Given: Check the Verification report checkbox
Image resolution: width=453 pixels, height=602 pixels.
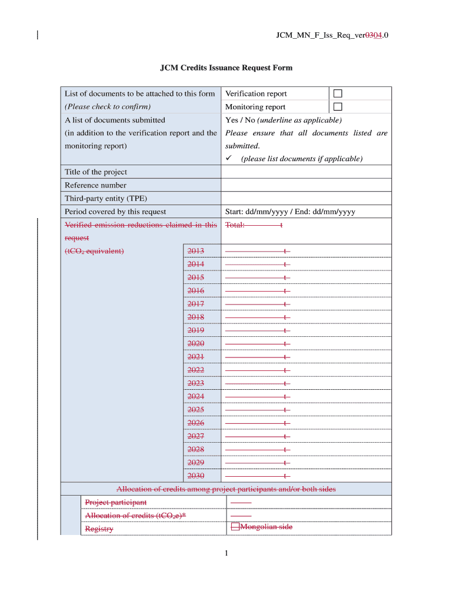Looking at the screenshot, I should (338, 93).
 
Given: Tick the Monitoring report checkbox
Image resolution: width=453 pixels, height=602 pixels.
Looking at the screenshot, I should (338, 106).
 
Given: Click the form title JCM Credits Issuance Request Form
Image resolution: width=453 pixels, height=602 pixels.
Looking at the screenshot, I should (226, 68).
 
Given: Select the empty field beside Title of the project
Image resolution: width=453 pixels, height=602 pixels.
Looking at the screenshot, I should (306, 172).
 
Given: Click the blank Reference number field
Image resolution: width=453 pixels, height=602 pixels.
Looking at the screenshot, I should (306, 185).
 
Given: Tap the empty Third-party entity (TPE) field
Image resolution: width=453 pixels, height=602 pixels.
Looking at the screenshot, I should (306, 198).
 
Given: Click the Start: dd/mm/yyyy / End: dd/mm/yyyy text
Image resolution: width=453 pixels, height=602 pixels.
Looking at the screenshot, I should (290, 212).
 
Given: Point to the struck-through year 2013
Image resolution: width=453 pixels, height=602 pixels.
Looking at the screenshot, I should (196, 251).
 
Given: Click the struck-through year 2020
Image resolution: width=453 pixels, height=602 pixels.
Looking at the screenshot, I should (196, 343).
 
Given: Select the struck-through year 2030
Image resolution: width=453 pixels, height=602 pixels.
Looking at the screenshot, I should (196, 476).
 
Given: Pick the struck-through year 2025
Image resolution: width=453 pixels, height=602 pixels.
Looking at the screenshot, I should (196, 410).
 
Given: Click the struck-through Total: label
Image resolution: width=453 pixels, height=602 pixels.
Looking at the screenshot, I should (235, 225).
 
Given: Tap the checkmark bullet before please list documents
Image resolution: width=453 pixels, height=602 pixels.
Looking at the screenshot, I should (229, 159).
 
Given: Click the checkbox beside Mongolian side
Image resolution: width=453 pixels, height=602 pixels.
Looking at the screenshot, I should (235, 527).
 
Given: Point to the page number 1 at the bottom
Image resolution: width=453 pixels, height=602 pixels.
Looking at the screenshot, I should (226, 553).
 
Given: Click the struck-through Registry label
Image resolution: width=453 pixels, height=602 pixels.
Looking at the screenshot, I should (99, 529).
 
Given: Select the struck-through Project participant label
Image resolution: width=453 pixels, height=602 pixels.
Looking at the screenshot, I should (116, 502).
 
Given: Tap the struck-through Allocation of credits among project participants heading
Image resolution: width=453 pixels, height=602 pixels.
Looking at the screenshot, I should (226, 489).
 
